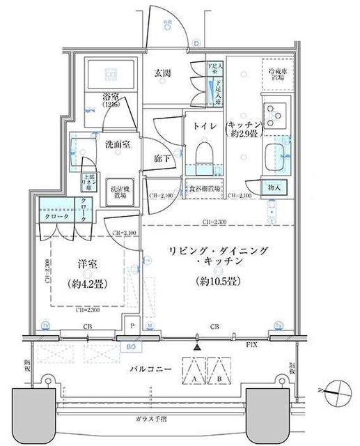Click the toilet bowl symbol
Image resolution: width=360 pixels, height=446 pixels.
point(205,154)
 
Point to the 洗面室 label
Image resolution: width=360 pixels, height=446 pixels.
point(117,144)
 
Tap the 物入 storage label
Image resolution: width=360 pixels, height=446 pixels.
point(274,187)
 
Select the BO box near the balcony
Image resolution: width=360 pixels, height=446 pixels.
point(130,345)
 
